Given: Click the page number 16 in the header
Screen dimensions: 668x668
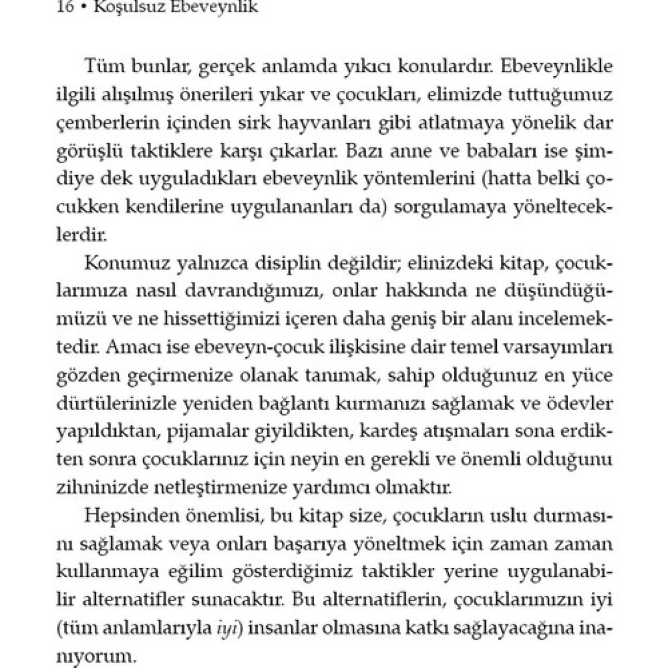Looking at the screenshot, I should coord(64,9).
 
